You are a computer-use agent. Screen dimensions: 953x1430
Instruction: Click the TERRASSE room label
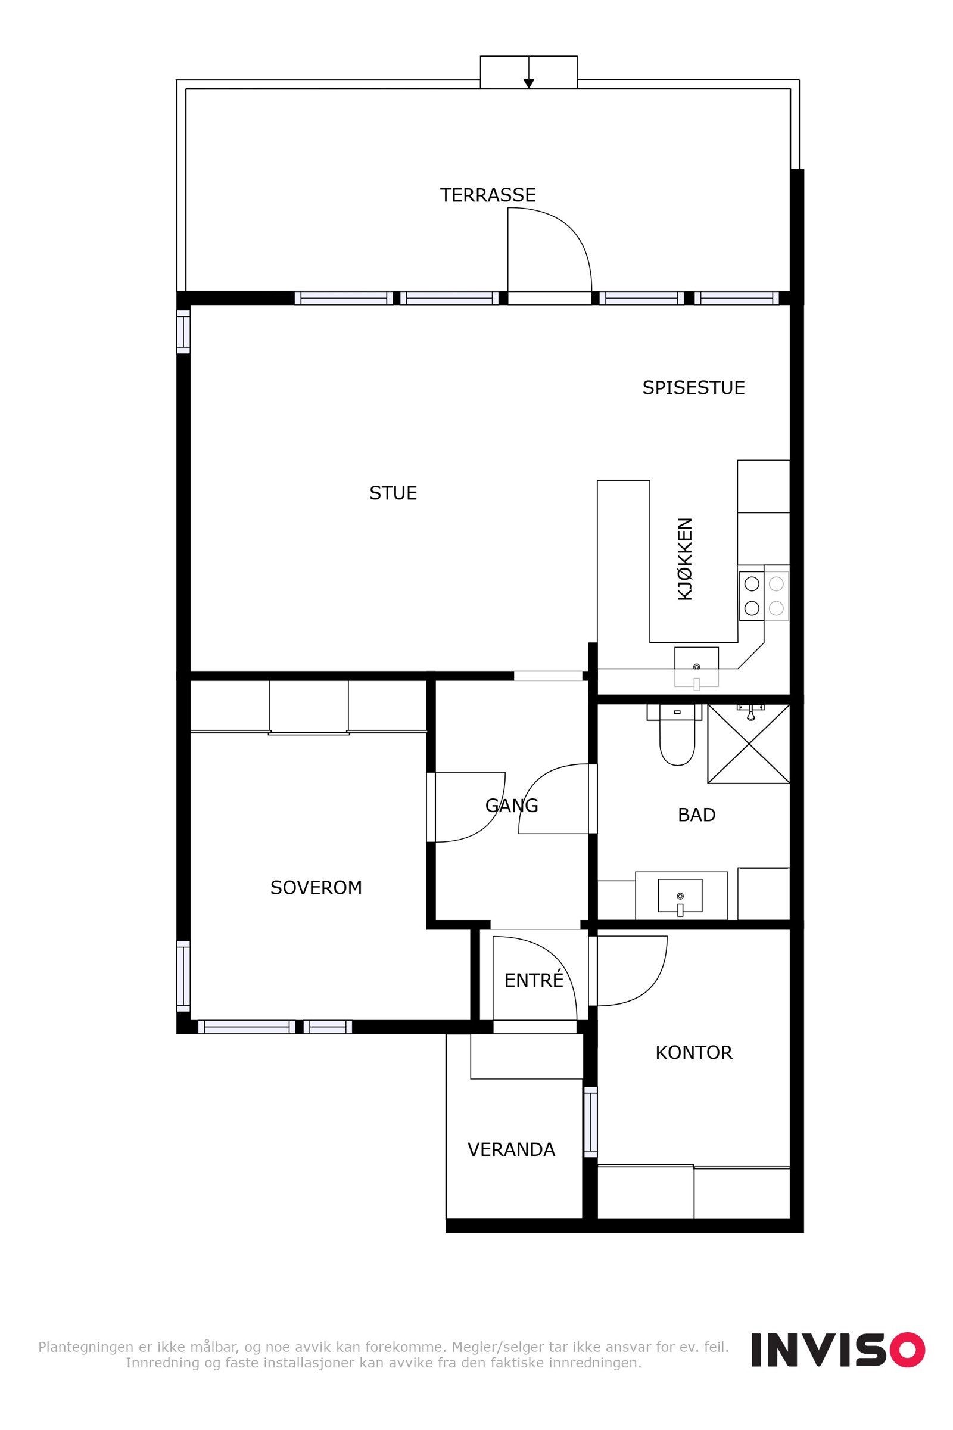click(x=487, y=195)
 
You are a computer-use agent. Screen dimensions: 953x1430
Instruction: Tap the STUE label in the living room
click(x=393, y=493)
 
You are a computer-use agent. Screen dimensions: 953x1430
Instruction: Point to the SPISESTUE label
click(x=693, y=388)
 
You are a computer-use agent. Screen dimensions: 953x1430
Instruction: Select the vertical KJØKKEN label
click(x=685, y=559)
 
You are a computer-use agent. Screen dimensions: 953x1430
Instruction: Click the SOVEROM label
click(x=316, y=888)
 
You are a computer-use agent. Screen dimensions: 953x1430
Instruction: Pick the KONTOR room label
click(x=693, y=1053)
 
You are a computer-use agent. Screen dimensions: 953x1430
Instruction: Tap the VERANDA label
click(x=511, y=1150)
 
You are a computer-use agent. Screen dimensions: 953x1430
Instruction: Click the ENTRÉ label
click(x=534, y=980)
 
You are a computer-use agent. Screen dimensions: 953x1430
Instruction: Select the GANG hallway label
click(x=512, y=806)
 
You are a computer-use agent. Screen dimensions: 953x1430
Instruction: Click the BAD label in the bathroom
click(x=696, y=815)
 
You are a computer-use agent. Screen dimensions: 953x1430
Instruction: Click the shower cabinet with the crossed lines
click(x=749, y=744)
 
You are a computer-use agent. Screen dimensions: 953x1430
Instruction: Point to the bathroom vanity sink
click(x=680, y=896)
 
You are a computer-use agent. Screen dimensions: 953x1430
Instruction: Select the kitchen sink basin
click(x=696, y=667)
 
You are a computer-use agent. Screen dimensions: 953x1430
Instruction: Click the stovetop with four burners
click(x=764, y=596)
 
